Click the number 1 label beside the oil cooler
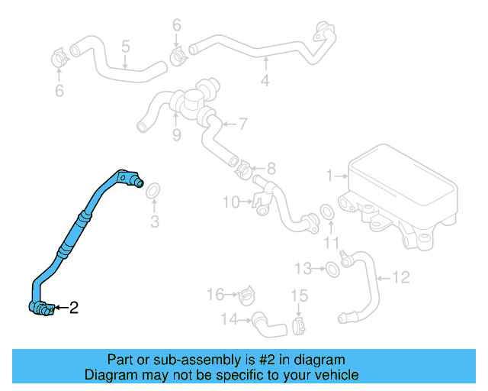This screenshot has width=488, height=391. tap(329, 176)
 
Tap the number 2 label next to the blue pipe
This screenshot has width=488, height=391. tap(73, 309)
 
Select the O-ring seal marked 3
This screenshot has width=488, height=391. tap(152, 190)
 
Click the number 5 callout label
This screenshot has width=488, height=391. tap(126, 47)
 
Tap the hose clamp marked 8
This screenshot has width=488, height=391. tap(244, 167)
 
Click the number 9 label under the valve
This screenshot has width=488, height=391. tap(176, 136)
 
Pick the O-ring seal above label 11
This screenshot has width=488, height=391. tap(326, 212)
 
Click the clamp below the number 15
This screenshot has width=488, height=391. tap(299, 327)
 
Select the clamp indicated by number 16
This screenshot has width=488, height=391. tap(247, 294)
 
